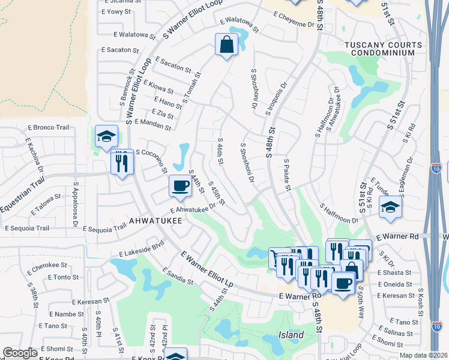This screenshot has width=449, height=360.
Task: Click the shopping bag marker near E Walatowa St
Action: pyautogui.click(x=226, y=44)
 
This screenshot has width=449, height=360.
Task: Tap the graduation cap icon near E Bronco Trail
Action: pyautogui.click(x=106, y=136)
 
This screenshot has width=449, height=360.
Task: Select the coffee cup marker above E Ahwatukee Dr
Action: pyautogui.click(x=179, y=185)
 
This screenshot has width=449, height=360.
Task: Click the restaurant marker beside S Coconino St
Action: pyautogui.click(x=122, y=161)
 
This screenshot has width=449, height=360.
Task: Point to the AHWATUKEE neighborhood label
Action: pyautogui.click(x=155, y=221)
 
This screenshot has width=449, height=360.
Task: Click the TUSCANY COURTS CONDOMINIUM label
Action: pyautogui.click(x=379, y=49)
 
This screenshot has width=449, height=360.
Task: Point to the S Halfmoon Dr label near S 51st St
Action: pyautogui.click(x=339, y=213)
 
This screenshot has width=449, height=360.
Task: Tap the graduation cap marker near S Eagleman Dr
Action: pyautogui.click(x=390, y=208)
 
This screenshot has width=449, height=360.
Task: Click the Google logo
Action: pyautogui.click(x=20, y=353)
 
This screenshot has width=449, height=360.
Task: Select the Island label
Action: pyautogui.click(x=291, y=335)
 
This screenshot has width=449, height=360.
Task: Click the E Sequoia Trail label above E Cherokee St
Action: pyautogui.click(x=27, y=228)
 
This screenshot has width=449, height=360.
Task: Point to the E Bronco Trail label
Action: pyautogui.click(x=49, y=128)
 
